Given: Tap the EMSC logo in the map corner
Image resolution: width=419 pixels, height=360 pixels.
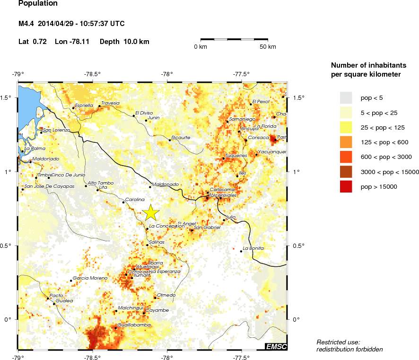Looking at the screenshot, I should click(x=276, y=347).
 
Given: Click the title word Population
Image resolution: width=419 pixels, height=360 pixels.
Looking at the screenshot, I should click(x=38, y=4).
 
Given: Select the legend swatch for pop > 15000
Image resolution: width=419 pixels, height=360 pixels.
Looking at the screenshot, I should click(x=346, y=187).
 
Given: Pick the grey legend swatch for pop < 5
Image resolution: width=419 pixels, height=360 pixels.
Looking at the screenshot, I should click(x=346, y=97).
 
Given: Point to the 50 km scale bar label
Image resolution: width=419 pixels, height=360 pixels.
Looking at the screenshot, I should click(x=268, y=47).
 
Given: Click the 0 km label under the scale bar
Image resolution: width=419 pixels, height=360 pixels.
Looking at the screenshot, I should click(x=201, y=47).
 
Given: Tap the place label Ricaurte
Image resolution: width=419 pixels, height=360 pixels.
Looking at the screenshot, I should click(x=181, y=138).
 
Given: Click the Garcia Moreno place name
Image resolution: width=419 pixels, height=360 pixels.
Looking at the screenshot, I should click(x=87, y=278).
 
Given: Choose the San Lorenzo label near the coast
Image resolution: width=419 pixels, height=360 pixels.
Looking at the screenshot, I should click(x=56, y=130).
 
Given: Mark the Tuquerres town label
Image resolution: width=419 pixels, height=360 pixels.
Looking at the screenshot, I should click(x=236, y=155).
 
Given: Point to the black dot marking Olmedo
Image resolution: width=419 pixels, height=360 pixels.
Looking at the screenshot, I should click(x=156, y=298).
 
